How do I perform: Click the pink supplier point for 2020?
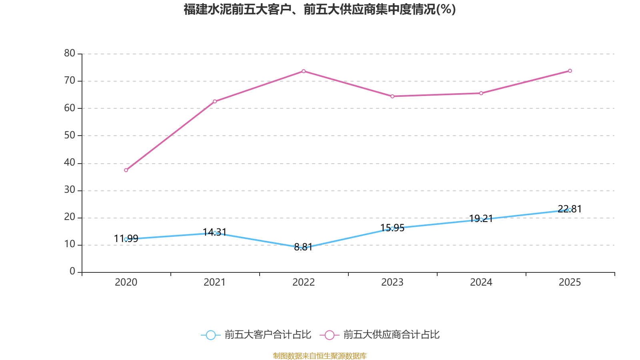(x=126, y=170)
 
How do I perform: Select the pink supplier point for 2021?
(x=215, y=101)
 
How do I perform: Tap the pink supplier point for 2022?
(x=304, y=71)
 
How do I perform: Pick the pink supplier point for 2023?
(x=392, y=96)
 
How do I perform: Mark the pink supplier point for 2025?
(x=570, y=71)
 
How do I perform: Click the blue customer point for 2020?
(x=126, y=239)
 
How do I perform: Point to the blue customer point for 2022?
(x=304, y=248)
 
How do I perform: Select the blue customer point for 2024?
(x=481, y=220)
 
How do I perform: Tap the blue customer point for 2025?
(x=570, y=210)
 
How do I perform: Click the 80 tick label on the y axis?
(x=70, y=54)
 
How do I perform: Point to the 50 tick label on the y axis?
(x=70, y=136)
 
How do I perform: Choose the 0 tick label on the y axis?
(x=72, y=272)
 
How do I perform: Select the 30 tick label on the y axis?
(x=70, y=190)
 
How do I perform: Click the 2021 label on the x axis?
(x=215, y=282)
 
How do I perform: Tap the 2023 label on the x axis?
(x=392, y=282)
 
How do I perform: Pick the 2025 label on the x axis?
(x=570, y=282)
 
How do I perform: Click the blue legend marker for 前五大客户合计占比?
(x=210, y=335)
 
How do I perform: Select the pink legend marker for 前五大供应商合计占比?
(x=329, y=335)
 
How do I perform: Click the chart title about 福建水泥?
(x=320, y=9)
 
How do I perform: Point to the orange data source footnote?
(x=320, y=356)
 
